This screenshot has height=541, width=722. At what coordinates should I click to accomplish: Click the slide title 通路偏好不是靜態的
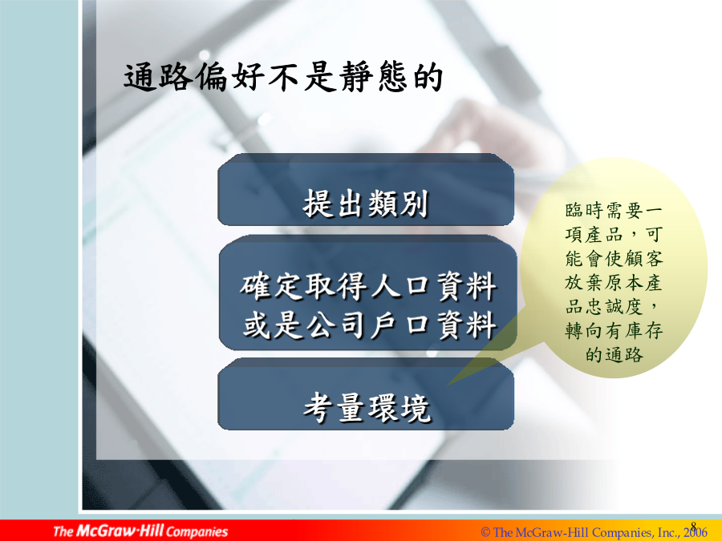282,77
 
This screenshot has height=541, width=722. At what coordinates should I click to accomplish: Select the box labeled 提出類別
366,189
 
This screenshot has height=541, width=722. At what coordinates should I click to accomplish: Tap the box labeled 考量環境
366,394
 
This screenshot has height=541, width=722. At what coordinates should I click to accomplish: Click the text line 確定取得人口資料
368,286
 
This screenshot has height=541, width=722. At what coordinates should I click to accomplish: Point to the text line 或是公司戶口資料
369,325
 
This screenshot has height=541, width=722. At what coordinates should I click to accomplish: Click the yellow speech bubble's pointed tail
448,385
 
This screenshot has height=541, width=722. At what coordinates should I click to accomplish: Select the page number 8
693,526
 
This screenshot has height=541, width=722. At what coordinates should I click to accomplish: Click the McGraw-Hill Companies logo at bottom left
140,531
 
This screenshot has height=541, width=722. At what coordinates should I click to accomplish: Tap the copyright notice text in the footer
594,533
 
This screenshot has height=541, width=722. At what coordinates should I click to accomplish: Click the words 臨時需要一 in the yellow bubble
614,211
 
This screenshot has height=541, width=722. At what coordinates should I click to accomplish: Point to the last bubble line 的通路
615,355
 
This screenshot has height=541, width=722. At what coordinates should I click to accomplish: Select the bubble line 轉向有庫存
614,330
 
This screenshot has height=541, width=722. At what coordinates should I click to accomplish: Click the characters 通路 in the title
157,77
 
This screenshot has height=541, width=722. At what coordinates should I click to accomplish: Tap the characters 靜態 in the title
374,77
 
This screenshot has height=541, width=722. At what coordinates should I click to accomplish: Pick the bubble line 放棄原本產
614,282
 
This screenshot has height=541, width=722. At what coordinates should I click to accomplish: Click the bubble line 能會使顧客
614,259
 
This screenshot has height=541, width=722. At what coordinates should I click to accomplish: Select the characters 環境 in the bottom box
399,408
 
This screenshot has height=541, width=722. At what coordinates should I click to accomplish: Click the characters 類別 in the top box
398,204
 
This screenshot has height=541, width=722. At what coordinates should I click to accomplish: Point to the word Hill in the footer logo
152,531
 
